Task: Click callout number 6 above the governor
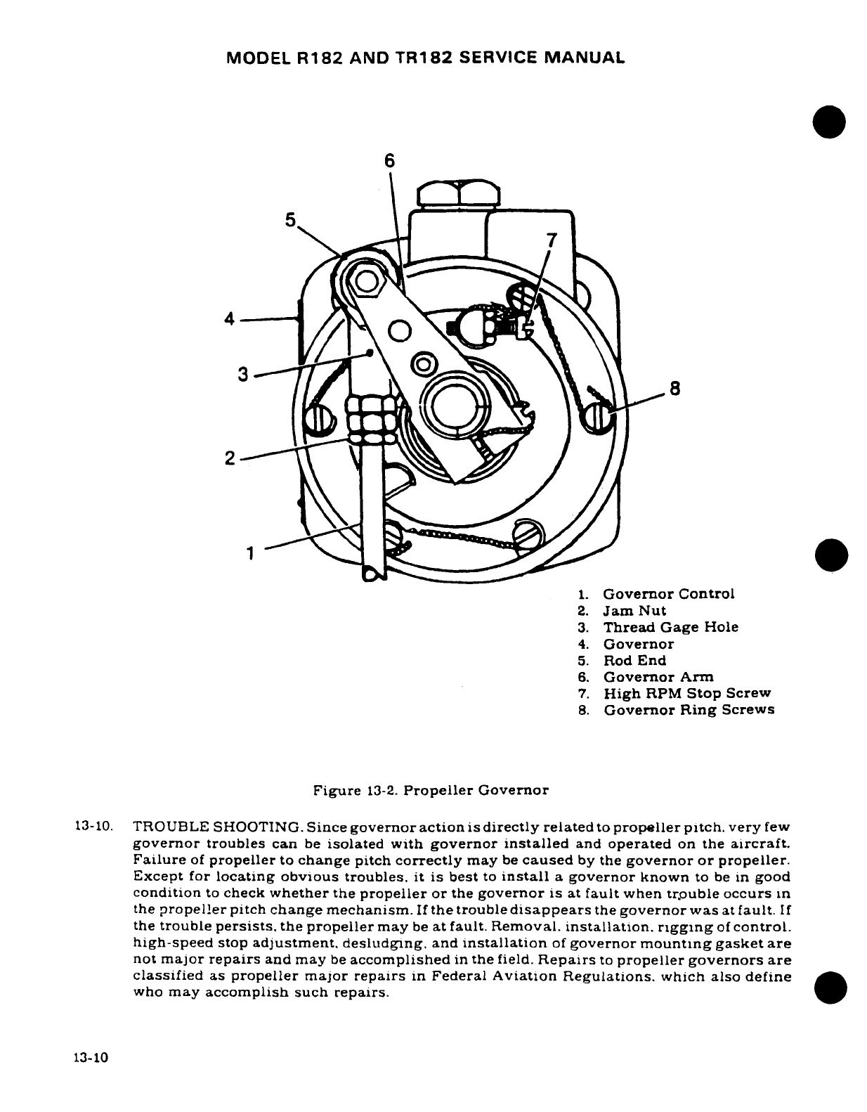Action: pos(390,161)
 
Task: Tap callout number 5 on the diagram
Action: pos(290,219)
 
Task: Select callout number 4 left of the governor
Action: pos(229,318)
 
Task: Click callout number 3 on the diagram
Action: pos(243,375)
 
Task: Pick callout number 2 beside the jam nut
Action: pos(230,458)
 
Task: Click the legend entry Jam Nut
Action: pos(634,611)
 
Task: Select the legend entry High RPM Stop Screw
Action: pos(686,693)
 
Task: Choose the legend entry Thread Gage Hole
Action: pos(670,627)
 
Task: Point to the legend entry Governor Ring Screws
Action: pos(689,710)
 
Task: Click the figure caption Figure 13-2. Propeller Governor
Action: pos(431,790)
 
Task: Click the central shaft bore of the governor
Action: pos(455,408)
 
